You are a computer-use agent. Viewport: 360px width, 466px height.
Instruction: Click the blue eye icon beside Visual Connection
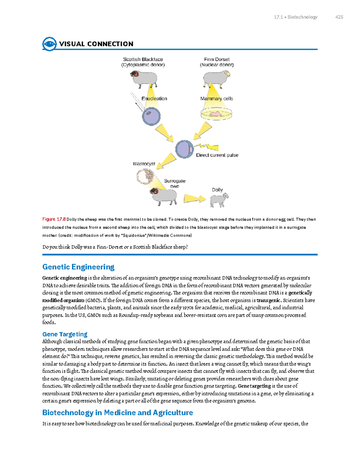pos(49,44)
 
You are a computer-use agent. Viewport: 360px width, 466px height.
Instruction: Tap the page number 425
pos(339,17)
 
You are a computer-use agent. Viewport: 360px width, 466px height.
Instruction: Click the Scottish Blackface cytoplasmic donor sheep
pos(144,79)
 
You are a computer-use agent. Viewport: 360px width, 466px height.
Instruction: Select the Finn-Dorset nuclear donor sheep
pos(216,78)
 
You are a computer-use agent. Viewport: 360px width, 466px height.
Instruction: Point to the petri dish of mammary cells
pos(216,114)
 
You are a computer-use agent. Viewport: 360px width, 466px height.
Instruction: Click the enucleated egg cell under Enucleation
pos(151,116)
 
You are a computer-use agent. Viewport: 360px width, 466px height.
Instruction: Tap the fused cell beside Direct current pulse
pos(184,149)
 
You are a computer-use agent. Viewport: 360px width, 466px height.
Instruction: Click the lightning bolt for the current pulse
pos(207,146)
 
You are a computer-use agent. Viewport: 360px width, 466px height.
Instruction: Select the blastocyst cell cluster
pos(145,176)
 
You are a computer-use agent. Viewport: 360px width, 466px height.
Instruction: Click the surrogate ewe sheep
pos(163,196)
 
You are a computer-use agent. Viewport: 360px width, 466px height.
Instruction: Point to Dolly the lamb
pos(219,200)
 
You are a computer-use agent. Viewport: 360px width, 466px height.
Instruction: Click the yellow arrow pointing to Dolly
pos(195,199)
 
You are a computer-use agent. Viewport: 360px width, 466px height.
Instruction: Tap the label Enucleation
pos(154,98)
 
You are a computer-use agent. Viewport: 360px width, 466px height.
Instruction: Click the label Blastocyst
pos(144,164)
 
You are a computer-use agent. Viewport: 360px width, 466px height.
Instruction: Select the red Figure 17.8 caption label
pos(54,219)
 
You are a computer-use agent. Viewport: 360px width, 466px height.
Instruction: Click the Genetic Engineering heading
pos(78,267)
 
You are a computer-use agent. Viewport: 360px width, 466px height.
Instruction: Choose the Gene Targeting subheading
pos(65,334)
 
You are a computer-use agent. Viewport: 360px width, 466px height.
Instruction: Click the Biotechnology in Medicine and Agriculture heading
pos(118,413)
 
